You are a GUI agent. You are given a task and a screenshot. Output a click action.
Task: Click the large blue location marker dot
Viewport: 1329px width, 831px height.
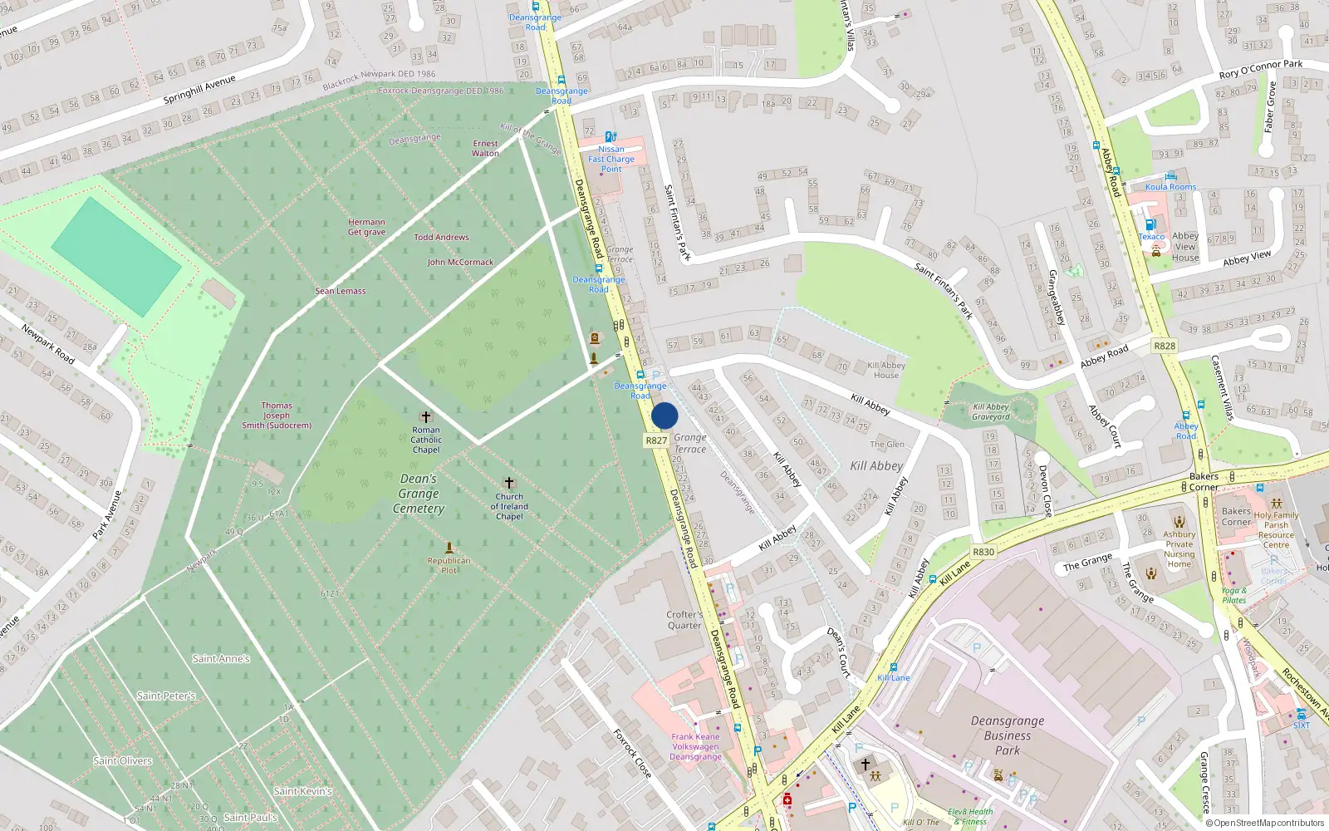coord(664,415)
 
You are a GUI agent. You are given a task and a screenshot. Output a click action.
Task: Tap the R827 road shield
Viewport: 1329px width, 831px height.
coord(656,440)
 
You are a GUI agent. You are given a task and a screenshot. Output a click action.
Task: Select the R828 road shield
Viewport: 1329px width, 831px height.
coord(1165,346)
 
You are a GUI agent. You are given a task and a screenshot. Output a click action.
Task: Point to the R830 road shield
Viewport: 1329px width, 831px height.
coord(983,552)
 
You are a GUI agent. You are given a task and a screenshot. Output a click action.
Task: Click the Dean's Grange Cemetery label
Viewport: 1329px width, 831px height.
coord(419,494)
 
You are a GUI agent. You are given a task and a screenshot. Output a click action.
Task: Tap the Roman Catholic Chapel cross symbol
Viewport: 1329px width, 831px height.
coord(426,416)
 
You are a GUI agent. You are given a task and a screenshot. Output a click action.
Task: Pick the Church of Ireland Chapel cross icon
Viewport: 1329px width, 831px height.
coord(509,483)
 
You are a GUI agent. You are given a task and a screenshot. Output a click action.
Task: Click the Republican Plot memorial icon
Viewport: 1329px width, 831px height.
coord(449,548)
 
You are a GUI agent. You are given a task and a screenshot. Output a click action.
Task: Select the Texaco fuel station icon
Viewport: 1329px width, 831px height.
coord(1150,224)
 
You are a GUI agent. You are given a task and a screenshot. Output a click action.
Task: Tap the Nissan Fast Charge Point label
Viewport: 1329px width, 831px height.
coord(611,159)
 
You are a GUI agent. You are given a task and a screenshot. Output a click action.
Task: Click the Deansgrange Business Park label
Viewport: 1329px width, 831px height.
coord(1008,735)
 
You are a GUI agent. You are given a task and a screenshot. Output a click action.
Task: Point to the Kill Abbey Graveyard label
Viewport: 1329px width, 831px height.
coord(990,412)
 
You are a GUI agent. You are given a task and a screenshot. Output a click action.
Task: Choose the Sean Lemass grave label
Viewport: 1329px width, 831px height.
coord(341,291)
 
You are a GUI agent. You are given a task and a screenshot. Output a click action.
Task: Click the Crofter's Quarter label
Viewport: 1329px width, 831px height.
coord(684,620)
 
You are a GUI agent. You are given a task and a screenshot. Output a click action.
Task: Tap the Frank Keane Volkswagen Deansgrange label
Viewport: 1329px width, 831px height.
coord(696,746)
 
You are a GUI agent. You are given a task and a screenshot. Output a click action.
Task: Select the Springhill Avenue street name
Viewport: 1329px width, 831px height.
coord(199,89)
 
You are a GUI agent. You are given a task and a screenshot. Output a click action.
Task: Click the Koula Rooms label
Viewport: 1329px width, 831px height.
coord(1170,187)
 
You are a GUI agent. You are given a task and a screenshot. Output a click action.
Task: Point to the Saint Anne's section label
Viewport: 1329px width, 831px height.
coord(221,659)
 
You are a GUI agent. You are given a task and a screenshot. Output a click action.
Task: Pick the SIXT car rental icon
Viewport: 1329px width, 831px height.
coord(1301,714)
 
